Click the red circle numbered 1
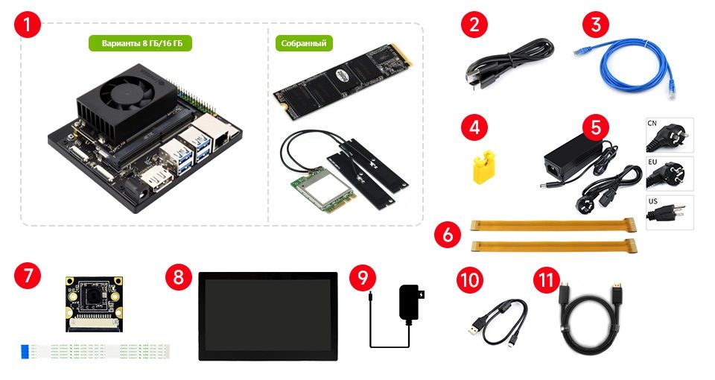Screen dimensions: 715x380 [28, 24]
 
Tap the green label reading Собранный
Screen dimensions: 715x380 [304, 43]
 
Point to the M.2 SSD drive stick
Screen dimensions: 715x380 [343, 81]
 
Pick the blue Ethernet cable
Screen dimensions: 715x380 [629, 66]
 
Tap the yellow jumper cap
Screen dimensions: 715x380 [484, 167]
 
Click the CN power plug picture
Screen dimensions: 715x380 [670, 135]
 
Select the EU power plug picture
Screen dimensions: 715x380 [670, 174]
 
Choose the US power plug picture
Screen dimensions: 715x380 [670, 212]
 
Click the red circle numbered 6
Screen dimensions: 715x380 [448, 235]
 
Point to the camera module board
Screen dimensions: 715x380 [95, 304]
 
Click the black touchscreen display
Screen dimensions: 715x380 [268, 316]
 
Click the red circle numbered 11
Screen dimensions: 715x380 [546, 279]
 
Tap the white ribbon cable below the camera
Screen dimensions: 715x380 [95, 351]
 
